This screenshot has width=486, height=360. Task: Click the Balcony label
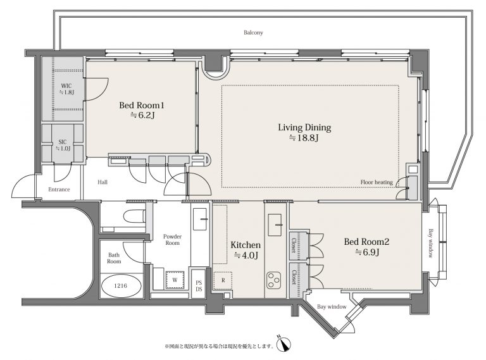pos(253,32)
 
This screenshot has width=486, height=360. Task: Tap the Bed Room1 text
pos(142,105)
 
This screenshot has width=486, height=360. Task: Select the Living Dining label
pos(304,128)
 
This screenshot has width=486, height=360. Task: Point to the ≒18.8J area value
pos(304,138)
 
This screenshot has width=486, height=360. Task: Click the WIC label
pos(66,86)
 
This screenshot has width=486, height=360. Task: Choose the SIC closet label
pos(63,142)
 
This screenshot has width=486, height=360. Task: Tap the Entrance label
pos(59,189)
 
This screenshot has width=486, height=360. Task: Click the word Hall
pos(103,182)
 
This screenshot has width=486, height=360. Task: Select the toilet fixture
pos(135,216)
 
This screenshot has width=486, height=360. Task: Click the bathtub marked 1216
pos(121,285)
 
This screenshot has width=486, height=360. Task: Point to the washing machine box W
pos(175,280)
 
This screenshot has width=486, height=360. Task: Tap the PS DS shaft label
pos(199,285)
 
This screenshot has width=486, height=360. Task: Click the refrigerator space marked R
pos(223,281)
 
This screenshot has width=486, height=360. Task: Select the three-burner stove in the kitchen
pos(273,280)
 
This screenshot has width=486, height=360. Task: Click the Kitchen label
pos(246,245)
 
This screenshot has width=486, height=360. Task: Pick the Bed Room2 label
pos(366,242)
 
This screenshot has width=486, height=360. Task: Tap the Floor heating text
pos(377,182)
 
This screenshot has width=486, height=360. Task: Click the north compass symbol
pos(283,344)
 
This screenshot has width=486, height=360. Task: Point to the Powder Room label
pos(172,240)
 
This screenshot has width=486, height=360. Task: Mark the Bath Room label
pos(114,258)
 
